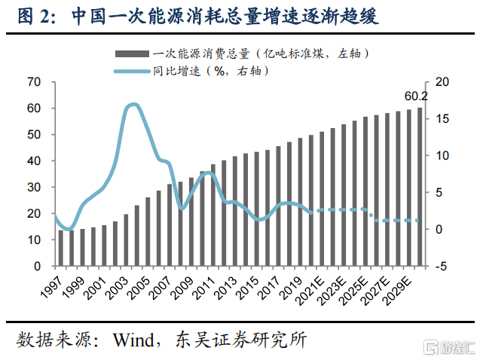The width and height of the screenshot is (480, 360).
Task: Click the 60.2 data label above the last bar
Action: [x=416, y=96]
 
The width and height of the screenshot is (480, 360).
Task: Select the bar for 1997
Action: [x=61, y=249]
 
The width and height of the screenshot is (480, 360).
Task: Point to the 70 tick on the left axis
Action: [x=33, y=81]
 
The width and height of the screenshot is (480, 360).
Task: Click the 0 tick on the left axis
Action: [x=36, y=267]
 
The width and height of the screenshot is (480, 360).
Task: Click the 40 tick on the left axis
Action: [x=33, y=161]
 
